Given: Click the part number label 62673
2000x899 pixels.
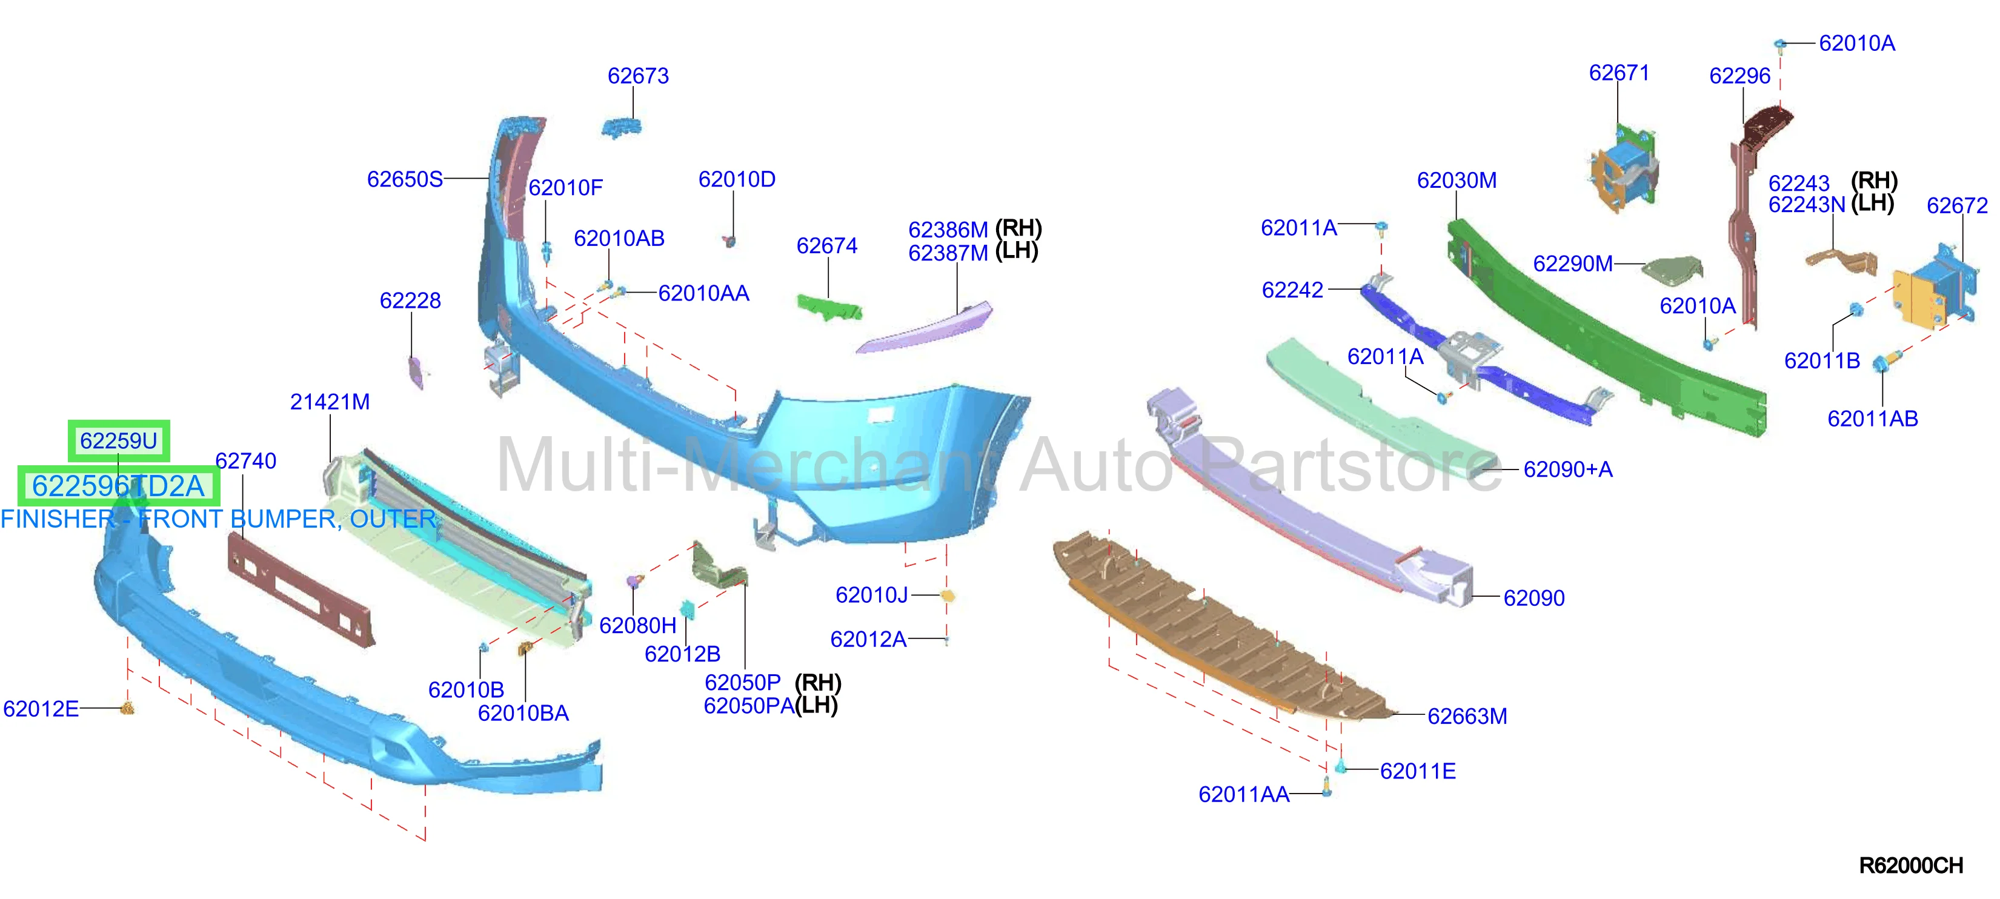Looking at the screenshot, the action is [x=637, y=76].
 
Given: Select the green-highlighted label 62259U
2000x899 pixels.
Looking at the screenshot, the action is [x=119, y=441].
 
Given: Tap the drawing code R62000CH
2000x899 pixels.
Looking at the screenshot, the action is [x=1911, y=866].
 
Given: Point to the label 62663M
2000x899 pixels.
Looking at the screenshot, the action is [x=1467, y=716].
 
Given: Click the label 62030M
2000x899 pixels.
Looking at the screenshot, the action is [x=1457, y=180].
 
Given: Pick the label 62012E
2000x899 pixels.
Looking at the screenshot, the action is [x=41, y=709].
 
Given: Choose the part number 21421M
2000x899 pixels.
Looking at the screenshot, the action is [x=329, y=402].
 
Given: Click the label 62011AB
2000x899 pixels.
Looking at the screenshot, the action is [x=1873, y=419].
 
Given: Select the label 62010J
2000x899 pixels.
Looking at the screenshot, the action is [x=872, y=595].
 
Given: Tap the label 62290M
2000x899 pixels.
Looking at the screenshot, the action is [x=1573, y=264].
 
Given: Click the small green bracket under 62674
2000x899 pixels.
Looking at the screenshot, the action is [x=829, y=307].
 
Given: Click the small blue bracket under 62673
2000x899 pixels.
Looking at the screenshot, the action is [x=621, y=128].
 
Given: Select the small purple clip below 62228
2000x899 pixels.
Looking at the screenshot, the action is [x=416, y=372].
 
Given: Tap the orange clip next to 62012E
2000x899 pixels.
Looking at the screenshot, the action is [x=128, y=708].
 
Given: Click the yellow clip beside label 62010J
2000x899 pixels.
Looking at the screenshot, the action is [x=947, y=595].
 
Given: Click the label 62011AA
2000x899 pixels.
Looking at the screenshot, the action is [x=1244, y=795].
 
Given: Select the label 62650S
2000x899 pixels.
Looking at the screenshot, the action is [x=405, y=179].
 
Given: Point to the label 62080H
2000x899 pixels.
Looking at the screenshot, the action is [x=637, y=626].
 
